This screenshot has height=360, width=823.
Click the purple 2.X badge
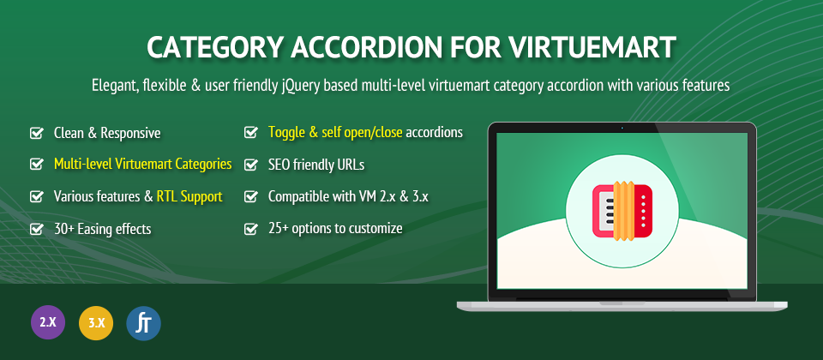point(48,322)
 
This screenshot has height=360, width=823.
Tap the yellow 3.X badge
point(96,322)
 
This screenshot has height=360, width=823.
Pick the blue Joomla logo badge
point(144,323)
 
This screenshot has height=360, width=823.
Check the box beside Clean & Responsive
point(36,134)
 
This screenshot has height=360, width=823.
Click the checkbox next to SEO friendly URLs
point(251,165)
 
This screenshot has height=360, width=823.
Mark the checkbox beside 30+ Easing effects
point(36,229)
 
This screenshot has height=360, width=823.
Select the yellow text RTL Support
point(189,197)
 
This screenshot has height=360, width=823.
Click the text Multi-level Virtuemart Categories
point(143,165)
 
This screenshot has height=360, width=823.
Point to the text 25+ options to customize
point(335,228)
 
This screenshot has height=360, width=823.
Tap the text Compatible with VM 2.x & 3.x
point(349,197)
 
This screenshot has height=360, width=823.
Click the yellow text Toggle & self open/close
point(335,132)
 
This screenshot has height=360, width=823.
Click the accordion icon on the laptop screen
point(622,211)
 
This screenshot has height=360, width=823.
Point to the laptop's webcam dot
point(622,128)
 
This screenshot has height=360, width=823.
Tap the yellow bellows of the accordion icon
point(623,211)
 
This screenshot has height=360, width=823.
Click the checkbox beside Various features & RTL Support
point(36,197)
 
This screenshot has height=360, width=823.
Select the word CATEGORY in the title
point(213,48)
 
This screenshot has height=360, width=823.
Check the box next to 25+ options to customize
point(251,229)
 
